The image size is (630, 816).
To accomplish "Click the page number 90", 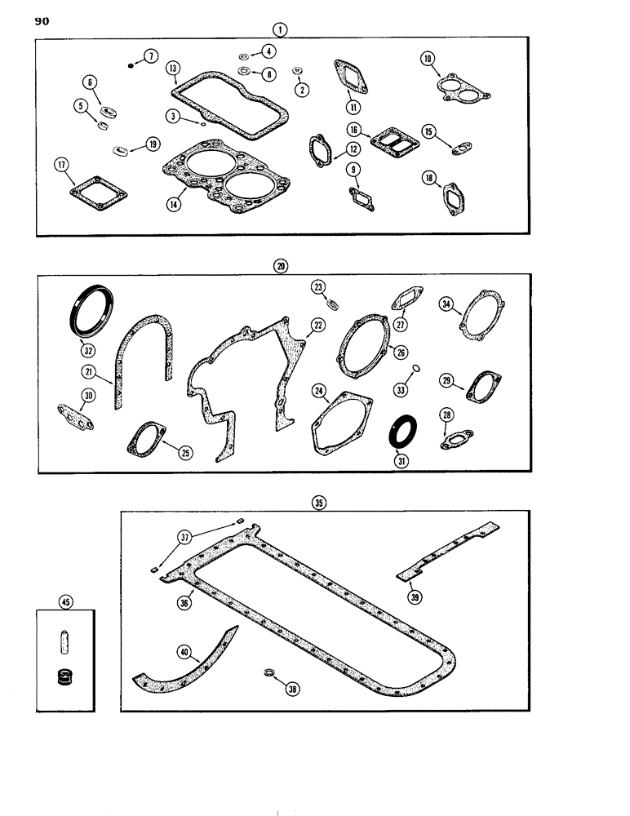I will (x=42, y=22).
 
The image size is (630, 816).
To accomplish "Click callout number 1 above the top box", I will (x=280, y=29).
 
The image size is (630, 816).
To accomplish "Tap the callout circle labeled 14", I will (x=174, y=206).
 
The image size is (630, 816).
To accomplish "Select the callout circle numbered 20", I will (x=281, y=267).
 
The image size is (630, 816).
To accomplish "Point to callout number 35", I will (x=318, y=503).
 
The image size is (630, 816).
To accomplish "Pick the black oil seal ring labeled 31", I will (x=404, y=431).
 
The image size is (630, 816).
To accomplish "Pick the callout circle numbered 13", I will (x=172, y=69).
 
